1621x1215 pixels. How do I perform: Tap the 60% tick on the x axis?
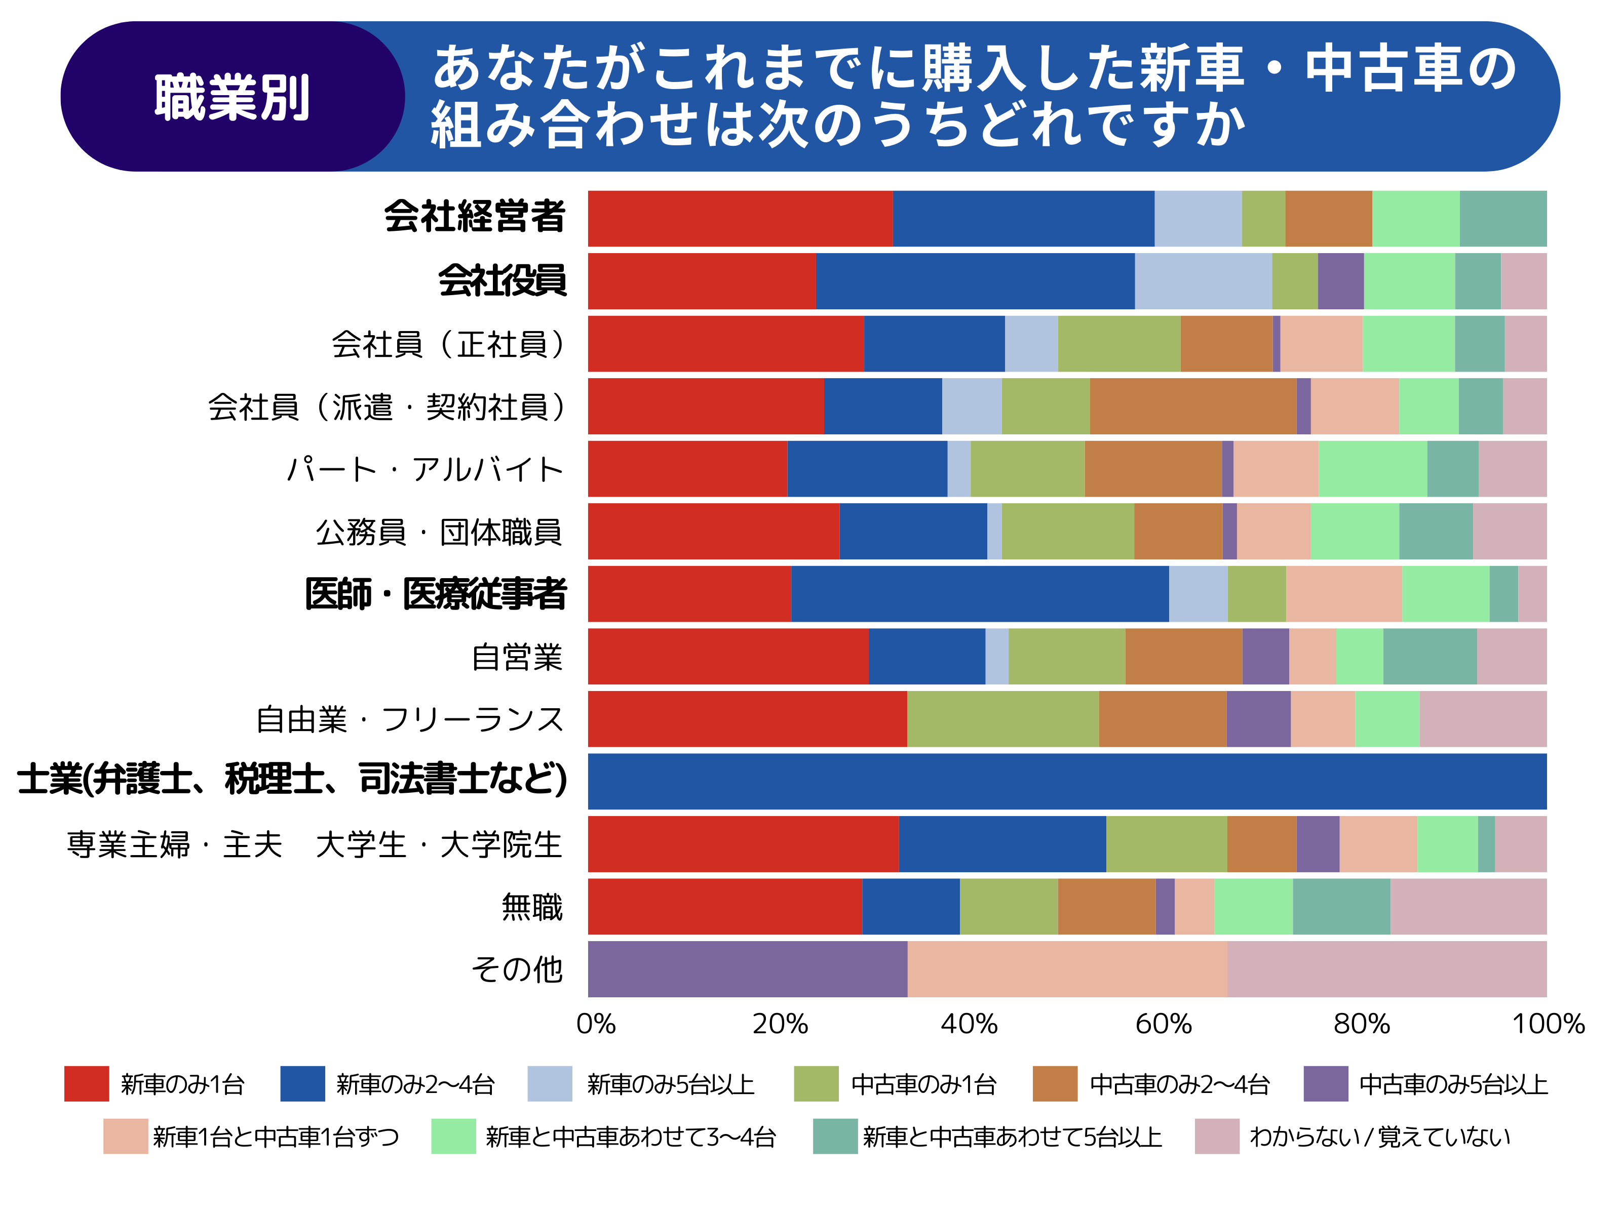[1163, 1023]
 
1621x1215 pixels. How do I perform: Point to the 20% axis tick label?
[780, 1023]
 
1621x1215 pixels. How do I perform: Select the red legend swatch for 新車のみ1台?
[87, 1084]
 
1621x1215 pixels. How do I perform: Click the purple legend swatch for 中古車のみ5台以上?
[1325, 1084]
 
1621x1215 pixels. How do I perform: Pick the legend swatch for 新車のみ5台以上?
[549, 1084]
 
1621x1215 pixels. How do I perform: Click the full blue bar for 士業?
[1066, 781]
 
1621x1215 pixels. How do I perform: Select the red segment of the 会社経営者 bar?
[740, 218]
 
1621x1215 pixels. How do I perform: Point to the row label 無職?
[531, 907]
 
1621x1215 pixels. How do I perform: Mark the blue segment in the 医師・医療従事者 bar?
[979, 593]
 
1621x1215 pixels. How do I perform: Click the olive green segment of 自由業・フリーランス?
[1002, 718]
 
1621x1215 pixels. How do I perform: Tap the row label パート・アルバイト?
[424, 469]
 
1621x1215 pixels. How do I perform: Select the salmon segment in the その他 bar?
[1066, 969]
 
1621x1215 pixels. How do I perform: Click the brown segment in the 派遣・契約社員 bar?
[1192, 406]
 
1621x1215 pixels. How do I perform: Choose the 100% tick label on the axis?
[1548, 1023]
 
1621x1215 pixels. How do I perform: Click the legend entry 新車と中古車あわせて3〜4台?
[630, 1137]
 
